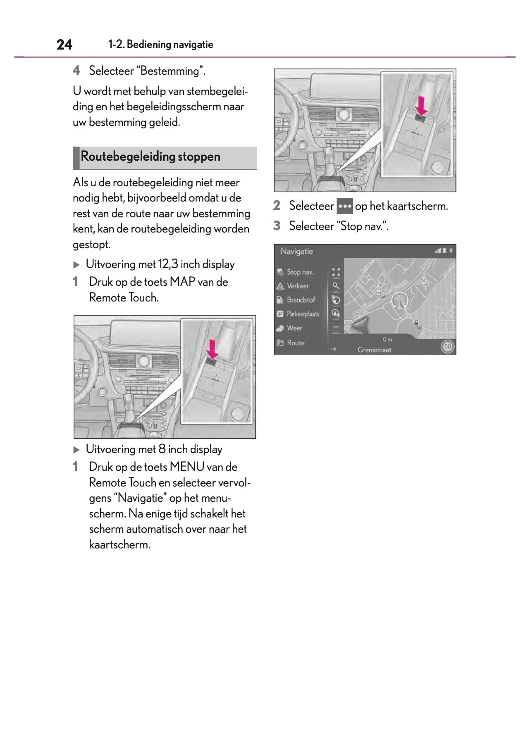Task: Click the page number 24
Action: pos(64,45)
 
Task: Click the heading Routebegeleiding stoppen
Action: pos(150,157)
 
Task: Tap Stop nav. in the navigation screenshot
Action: pos(300,272)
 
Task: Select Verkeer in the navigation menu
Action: pos(298,286)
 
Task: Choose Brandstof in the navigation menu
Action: pos(301,300)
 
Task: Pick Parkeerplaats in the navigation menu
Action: pos(303,314)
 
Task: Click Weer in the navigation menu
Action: pos(294,328)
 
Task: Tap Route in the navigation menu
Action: pos(296,343)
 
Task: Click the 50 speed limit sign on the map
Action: pos(447,347)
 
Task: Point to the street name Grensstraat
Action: pos(374,350)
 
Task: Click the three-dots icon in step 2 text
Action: pos(344,206)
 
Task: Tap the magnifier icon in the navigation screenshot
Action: pos(336,286)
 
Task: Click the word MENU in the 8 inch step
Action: pos(187,467)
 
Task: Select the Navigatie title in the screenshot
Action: pos(296,251)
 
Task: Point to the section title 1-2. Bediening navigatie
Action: pos(161,45)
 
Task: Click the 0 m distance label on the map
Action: pos(387,339)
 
